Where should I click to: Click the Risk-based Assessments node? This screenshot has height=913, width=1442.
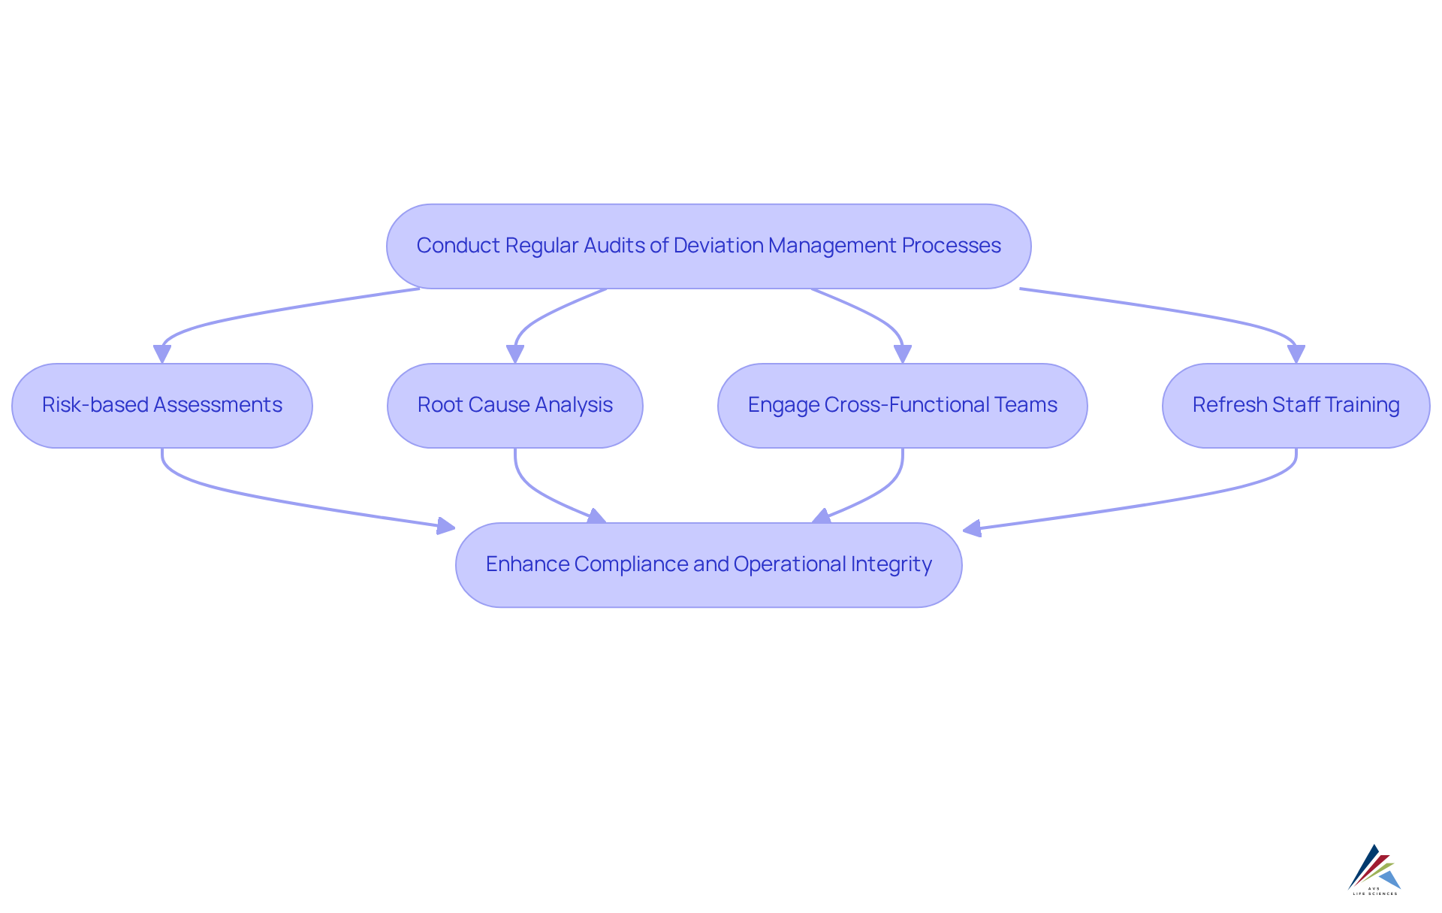[x=162, y=406]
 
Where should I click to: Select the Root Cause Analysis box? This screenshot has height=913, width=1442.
[x=515, y=406]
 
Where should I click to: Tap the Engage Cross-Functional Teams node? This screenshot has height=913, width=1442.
[x=902, y=406]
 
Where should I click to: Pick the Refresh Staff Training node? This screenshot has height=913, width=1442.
[x=1296, y=406]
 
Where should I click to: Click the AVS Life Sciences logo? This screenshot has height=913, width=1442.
[x=1374, y=870]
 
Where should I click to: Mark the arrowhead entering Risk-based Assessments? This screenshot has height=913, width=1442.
[x=162, y=354]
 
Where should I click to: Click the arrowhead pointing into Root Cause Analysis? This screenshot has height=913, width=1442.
[x=515, y=354]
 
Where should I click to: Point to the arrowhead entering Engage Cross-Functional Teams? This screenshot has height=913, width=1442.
[x=903, y=354]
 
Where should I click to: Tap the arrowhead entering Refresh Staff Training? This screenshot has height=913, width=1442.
[x=1296, y=354]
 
